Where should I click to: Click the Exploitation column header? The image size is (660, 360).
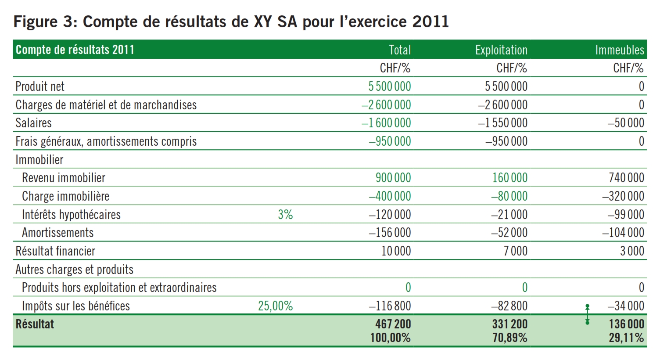[501, 50]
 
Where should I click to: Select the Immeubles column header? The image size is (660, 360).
[619, 50]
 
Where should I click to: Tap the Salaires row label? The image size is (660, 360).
[33, 123]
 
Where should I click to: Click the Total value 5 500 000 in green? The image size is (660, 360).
[389, 86]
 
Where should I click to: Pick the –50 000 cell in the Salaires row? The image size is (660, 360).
[626, 123]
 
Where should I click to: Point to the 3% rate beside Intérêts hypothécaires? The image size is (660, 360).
[285, 215]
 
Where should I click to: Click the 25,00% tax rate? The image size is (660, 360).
[275, 306]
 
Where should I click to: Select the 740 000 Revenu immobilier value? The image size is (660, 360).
[626, 178]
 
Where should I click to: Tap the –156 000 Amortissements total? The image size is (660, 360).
[390, 233]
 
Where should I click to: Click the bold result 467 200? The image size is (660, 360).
[393, 324]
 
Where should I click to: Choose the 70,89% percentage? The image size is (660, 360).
[509, 338]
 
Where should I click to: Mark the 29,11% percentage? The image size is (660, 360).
[626, 338]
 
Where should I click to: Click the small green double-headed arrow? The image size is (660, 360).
[588, 314]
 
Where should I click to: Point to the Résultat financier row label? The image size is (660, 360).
[55, 251]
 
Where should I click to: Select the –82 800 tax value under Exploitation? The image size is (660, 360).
[509, 306]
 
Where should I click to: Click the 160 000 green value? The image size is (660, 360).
[509, 178]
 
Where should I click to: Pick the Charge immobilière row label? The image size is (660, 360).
[65, 196]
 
